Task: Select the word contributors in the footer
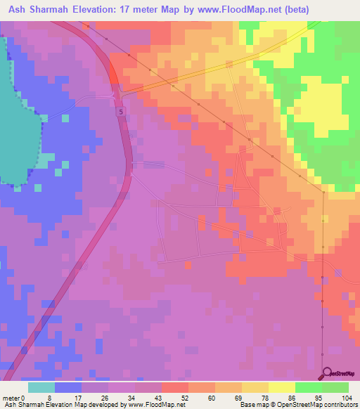click(338, 405)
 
